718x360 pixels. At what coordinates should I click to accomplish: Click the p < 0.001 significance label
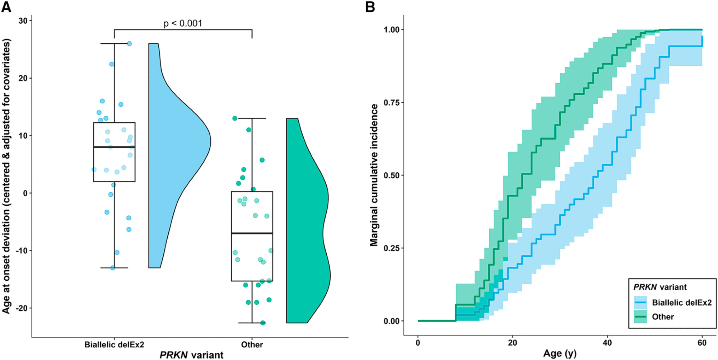tap(183, 24)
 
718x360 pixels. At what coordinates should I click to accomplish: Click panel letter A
tap(6, 7)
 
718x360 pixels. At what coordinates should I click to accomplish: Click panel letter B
tap(370, 7)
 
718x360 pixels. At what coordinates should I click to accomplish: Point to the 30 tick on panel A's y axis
tap(23, 21)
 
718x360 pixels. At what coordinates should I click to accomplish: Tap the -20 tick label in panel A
tap(22, 308)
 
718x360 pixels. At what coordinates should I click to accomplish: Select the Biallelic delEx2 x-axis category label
tap(114, 345)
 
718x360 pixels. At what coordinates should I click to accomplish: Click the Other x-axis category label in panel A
tap(252, 345)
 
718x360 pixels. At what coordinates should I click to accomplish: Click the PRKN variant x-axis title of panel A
tap(191, 355)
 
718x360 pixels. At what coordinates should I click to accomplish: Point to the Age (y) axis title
tap(560, 354)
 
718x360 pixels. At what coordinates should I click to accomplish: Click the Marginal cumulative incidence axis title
tap(374, 175)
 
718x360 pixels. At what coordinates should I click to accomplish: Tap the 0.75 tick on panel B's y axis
tap(392, 103)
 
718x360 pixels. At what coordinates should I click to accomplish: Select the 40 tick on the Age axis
tap(607, 343)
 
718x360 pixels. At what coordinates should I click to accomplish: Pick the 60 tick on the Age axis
tap(702, 343)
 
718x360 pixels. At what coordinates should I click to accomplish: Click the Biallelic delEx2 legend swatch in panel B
tap(640, 303)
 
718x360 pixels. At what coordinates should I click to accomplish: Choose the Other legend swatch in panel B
tap(640, 317)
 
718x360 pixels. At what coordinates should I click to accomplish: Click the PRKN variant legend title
tap(660, 287)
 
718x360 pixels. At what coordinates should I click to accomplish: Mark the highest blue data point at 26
tap(129, 44)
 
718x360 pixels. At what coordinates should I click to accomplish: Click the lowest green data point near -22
tap(263, 323)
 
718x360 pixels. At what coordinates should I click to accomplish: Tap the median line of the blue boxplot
tap(114, 147)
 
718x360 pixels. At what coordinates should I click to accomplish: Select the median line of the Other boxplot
tap(252, 233)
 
